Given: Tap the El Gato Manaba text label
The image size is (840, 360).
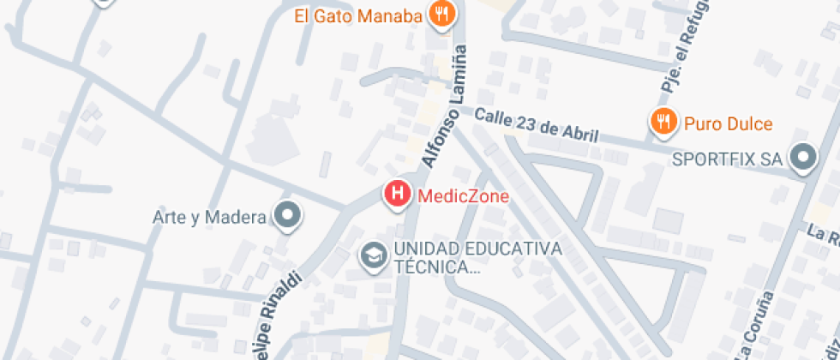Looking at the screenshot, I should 358,16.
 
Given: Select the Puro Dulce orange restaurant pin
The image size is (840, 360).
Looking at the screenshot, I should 663,123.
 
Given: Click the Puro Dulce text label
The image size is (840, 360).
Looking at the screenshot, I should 728,124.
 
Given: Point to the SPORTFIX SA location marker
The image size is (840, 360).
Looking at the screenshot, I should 803,159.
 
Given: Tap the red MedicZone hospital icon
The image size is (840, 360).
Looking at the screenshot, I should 398,195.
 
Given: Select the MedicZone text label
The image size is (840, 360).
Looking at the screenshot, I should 463,196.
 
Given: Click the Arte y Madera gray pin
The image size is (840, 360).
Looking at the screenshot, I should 287,216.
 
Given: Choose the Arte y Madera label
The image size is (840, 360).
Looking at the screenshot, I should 209,217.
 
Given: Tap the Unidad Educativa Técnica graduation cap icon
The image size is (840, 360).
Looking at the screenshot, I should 373,255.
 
